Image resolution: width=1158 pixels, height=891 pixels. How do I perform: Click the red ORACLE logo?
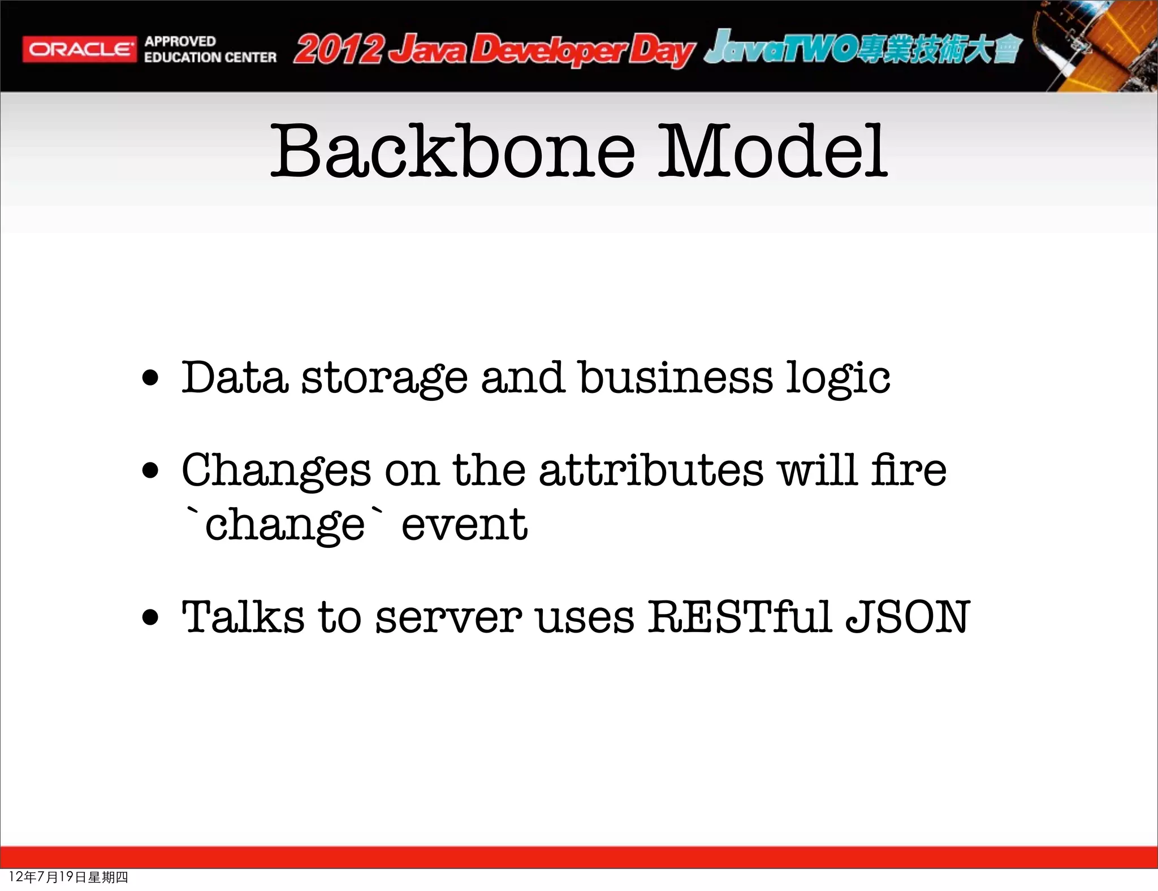[x=79, y=49]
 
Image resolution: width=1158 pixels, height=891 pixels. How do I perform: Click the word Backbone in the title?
[x=453, y=152]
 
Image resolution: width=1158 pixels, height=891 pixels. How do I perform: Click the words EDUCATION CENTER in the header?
[x=210, y=58]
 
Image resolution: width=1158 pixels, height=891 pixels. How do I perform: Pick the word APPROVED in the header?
[x=180, y=41]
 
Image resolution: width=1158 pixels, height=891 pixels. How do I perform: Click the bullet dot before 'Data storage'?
[x=150, y=378]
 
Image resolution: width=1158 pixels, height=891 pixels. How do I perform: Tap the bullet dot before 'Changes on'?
[x=150, y=470]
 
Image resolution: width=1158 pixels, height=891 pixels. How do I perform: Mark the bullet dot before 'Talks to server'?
[x=150, y=617]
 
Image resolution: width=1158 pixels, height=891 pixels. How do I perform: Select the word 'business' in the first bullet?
[x=675, y=378]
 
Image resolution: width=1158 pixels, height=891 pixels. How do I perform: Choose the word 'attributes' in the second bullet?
[x=651, y=470]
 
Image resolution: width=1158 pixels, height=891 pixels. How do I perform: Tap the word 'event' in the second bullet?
[x=464, y=525]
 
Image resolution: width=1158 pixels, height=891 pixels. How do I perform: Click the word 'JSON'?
[x=908, y=617]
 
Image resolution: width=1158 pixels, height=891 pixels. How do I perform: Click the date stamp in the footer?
[x=68, y=877]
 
